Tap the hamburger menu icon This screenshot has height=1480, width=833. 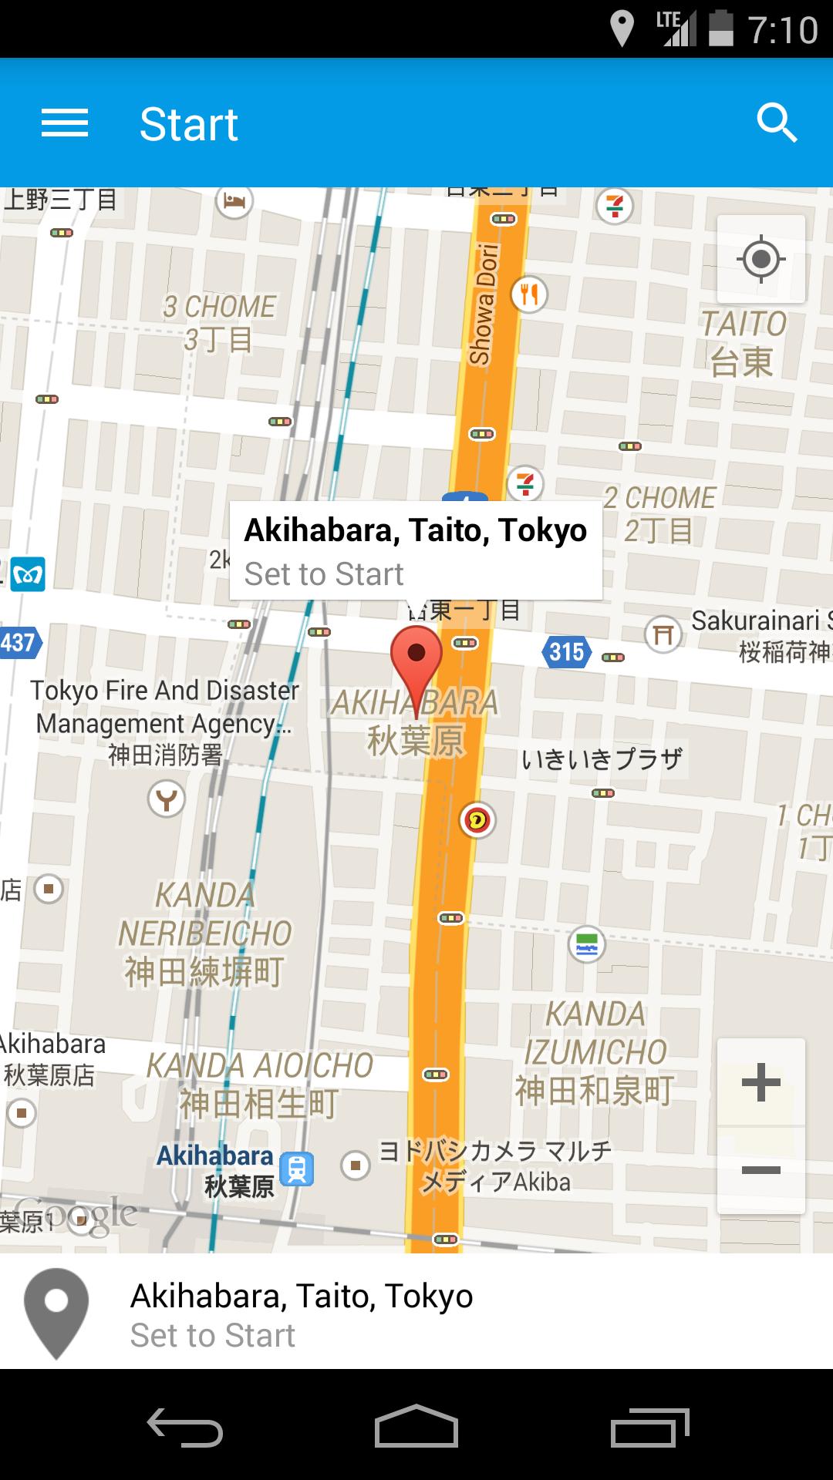coord(65,123)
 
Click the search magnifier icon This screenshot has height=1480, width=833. coord(776,123)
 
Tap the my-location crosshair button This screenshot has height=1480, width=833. coord(760,259)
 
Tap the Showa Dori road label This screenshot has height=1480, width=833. coord(484,304)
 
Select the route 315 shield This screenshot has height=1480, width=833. coord(566,652)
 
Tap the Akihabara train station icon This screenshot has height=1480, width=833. coord(297,1169)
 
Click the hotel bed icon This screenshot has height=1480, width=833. coord(234,202)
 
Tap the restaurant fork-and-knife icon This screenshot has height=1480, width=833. coord(529,294)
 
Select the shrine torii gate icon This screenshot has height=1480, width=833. coord(663,634)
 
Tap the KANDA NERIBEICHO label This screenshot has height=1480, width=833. coord(204,933)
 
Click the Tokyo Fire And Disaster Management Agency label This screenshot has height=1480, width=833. coord(164,707)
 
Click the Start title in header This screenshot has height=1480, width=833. coord(188,124)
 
